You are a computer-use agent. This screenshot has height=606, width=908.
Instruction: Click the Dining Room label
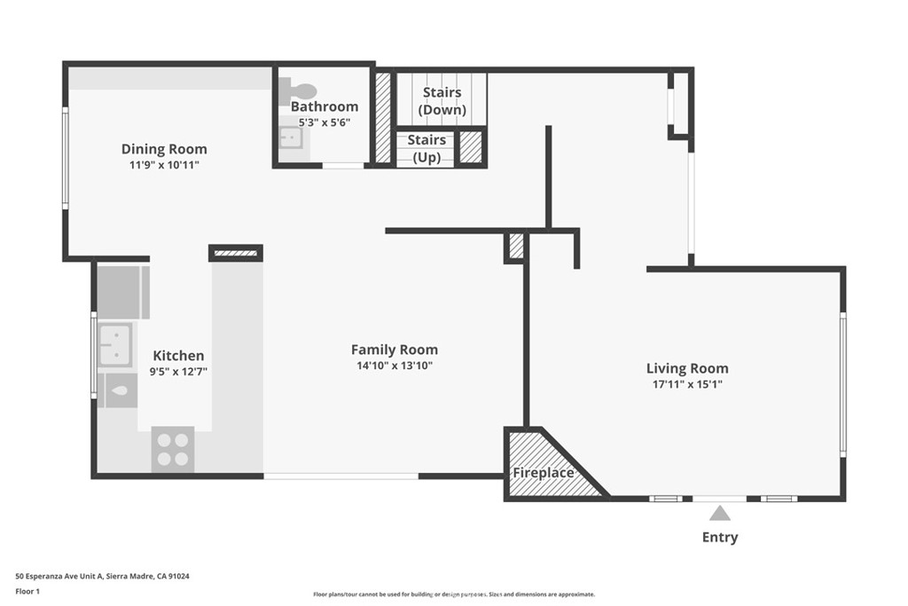click(164, 149)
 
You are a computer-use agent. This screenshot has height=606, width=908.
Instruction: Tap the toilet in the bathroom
click(299, 91)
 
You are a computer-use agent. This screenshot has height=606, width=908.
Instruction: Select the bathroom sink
click(290, 138)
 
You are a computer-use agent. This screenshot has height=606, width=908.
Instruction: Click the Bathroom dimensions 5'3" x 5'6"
click(325, 122)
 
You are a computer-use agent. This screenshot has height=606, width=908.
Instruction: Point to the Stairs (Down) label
click(442, 100)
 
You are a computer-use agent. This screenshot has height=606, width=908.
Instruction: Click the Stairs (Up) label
click(427, 149)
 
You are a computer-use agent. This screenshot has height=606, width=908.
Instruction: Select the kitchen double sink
click(114, 344)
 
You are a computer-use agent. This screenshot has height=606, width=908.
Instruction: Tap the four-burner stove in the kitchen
click(173, 449)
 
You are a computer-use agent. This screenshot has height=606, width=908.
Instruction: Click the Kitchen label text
click(178, 355)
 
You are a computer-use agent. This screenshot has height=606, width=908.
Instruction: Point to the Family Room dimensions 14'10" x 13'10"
click(394, 366)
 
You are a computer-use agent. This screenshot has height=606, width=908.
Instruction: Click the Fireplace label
click(543, 473)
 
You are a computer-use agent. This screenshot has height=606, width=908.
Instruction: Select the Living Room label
click(687, 368)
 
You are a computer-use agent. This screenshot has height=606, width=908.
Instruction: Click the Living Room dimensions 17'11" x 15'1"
click(687, 384)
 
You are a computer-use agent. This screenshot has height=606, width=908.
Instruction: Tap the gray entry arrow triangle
click(719, 513)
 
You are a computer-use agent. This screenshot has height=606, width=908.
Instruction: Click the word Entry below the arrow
click(719, 537)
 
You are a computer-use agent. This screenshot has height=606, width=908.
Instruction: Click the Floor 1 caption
click(29, 590)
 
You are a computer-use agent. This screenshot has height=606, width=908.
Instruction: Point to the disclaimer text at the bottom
click(453, 594)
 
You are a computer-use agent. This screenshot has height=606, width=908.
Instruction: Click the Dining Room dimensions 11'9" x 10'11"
click(164, 165)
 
